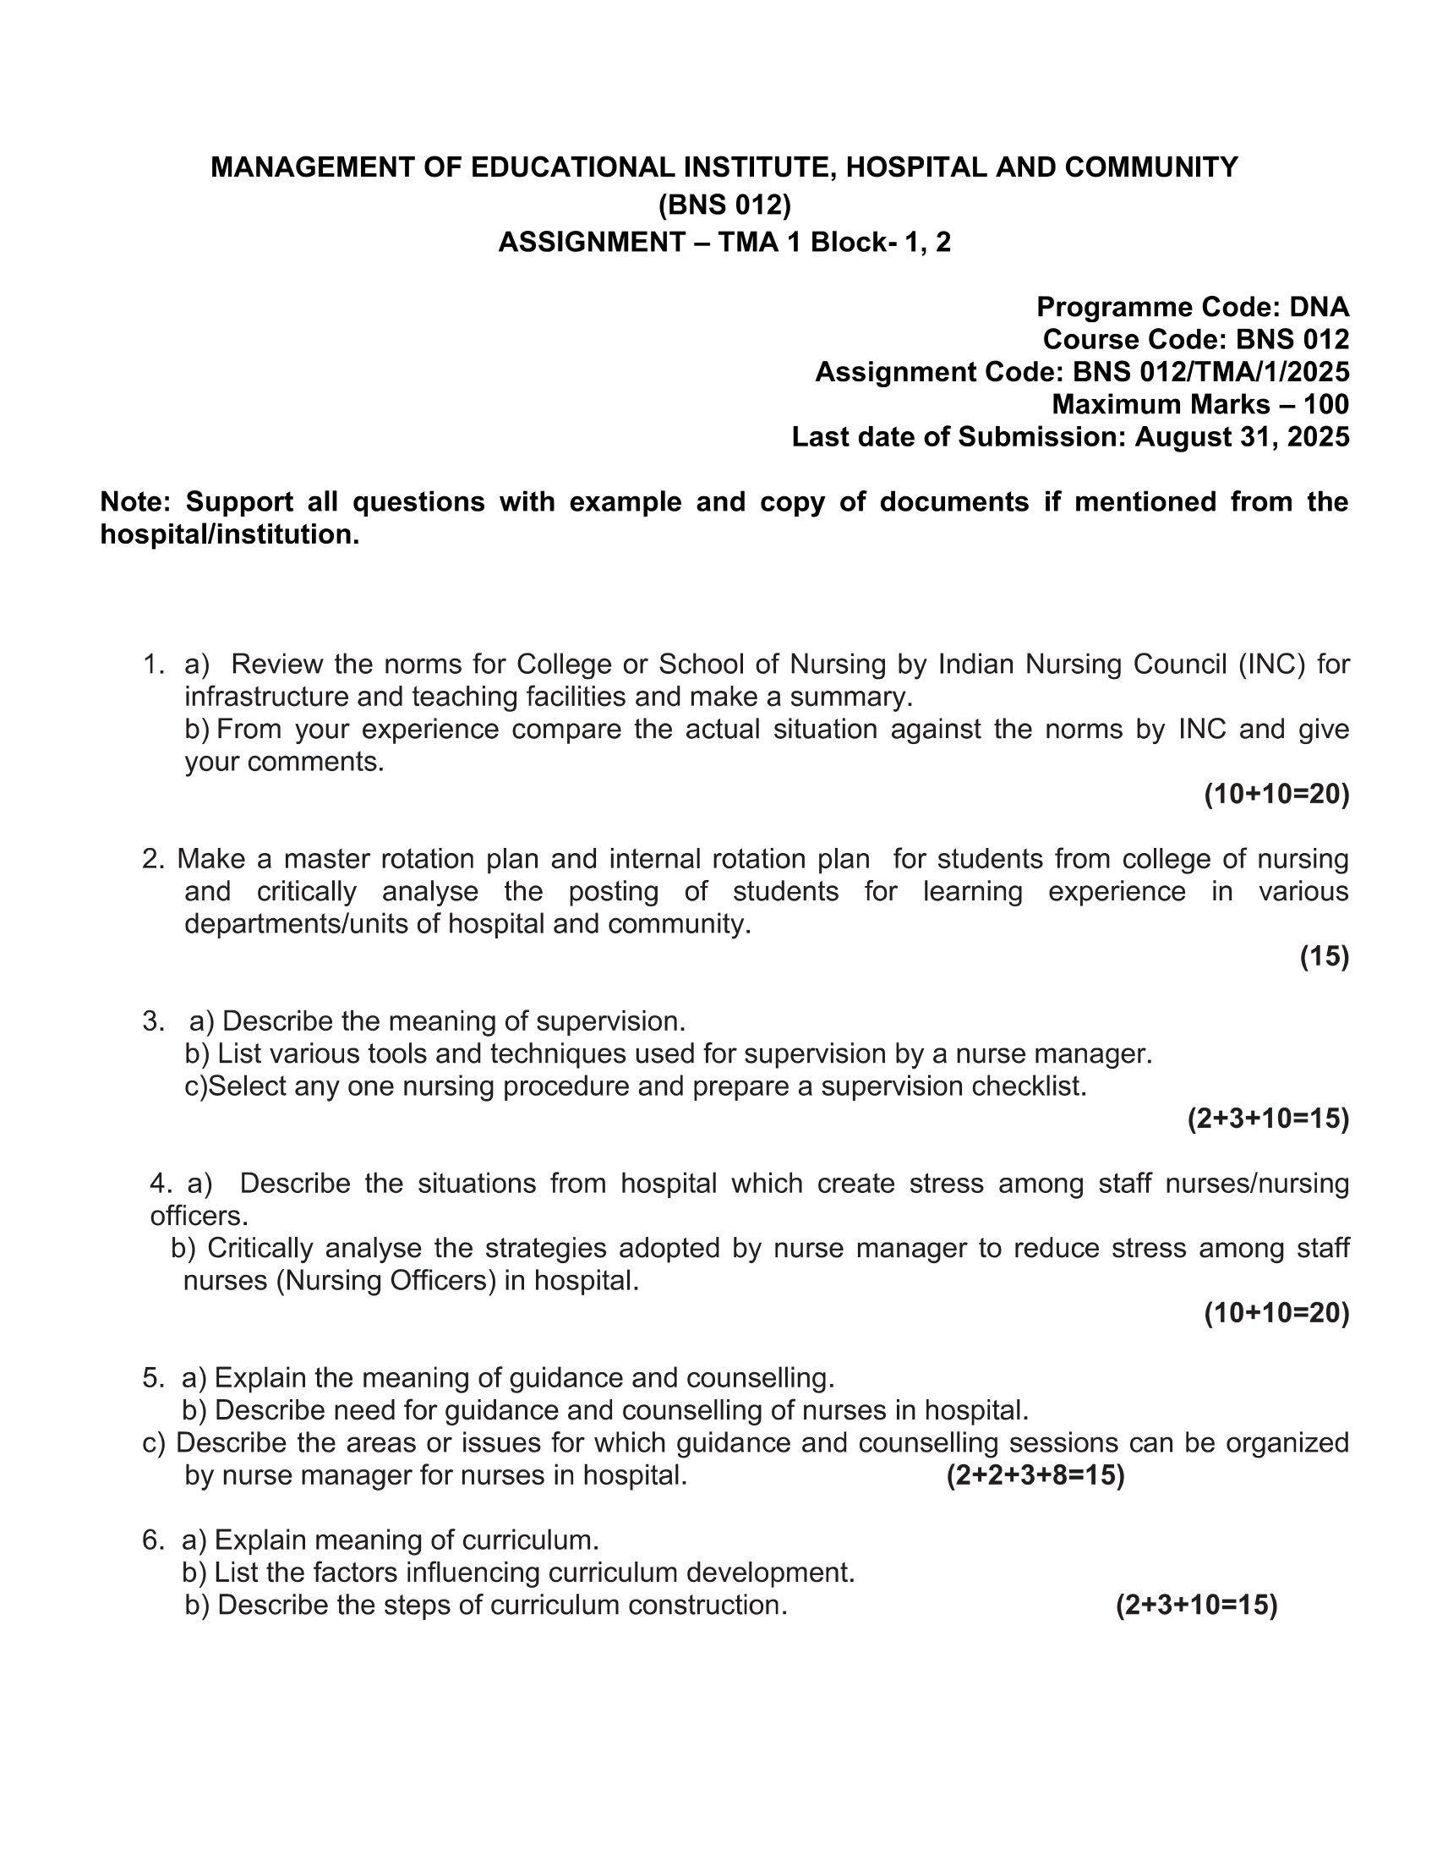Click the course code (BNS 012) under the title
point(724,205)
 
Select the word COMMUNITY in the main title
point(1151,167)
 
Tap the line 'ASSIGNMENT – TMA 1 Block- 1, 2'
point(724,243)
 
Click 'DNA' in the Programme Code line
point(1319,307)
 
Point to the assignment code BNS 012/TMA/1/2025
point(1210,372)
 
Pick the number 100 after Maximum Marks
point(1325,404)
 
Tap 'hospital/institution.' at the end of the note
point(230,535)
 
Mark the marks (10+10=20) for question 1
point(1276,795)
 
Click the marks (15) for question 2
point(1324,957)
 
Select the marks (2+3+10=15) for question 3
point(1268,1119)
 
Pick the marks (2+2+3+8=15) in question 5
point(1035,1476)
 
